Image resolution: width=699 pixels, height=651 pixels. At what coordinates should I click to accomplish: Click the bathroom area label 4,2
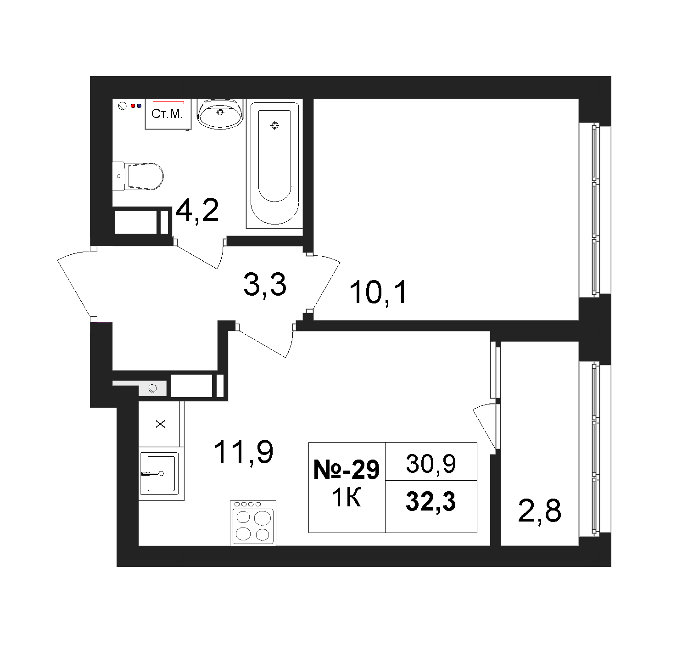pos(197,211)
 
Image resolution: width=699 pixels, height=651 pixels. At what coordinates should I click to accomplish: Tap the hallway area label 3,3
pos(265,284)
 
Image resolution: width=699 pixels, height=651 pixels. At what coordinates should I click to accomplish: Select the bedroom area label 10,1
pos(378,292)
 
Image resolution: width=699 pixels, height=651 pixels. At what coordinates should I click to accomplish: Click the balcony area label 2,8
pos(539,511)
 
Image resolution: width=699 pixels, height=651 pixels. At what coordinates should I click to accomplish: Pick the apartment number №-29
pos(347,469)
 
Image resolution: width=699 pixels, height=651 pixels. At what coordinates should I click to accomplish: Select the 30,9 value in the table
pos(431,463)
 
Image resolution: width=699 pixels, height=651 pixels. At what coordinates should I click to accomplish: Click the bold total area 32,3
pos(431,501)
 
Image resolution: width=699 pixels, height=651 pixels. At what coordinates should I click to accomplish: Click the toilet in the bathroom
pos(138,176)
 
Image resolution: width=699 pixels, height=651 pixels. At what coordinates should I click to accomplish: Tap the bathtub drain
pos(275,125)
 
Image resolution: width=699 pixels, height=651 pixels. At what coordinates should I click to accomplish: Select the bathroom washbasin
pos(220,113)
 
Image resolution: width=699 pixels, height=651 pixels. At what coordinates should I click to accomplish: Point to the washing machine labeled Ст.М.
pos(168,114)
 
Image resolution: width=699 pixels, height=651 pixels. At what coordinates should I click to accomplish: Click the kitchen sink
pos(158,473)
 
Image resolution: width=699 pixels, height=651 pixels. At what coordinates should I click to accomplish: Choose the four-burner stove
pos(253,523)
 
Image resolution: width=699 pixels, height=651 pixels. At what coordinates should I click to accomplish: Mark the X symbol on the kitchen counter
pos(161,424)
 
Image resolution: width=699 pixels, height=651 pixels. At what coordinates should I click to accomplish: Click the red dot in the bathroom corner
pos(133,106)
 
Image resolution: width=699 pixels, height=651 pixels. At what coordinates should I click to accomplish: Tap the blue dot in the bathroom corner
pos(139,106)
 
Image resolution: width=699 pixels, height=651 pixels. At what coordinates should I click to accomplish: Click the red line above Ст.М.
pos(168,103)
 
